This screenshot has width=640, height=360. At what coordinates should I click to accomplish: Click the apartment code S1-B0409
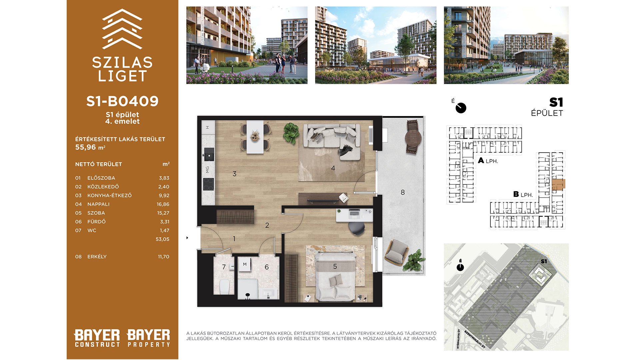point(122,101)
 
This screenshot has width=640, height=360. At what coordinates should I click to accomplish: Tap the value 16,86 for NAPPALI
point(163,204)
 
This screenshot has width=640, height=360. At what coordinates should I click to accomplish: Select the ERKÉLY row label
point(97,257)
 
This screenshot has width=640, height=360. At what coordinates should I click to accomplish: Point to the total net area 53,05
point(162,239)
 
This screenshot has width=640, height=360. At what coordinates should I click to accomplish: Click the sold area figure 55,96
point(86,147)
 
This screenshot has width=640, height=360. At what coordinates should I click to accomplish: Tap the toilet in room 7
point(225,287)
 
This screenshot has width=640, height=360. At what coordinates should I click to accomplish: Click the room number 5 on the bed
point(335,266)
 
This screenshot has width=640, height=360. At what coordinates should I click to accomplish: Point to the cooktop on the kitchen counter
point(209,184)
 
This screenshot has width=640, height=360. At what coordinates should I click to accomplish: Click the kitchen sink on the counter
point(209,154)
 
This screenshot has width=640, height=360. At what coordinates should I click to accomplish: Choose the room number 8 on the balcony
point(403,192)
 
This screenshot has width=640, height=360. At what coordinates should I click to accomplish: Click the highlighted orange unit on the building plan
point(558,184)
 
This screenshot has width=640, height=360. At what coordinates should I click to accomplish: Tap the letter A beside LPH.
point(481,161)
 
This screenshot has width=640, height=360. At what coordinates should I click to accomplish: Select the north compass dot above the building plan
point(461,108)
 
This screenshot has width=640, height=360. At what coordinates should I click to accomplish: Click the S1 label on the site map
point(544,261)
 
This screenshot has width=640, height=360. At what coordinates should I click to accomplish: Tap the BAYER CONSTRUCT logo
point(97,338)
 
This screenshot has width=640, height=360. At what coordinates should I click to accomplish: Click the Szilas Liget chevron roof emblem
point(122,29)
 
